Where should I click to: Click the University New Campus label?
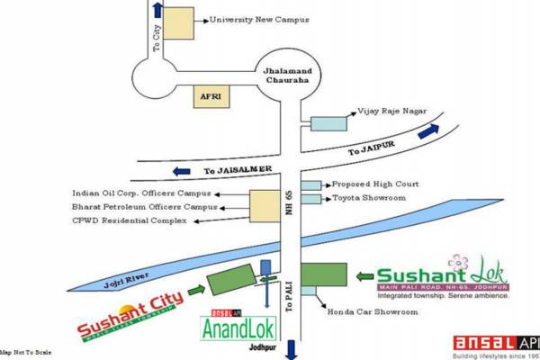point(259,20)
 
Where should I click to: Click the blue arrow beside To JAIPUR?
point(427,130)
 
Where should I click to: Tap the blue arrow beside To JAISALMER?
point(183,169)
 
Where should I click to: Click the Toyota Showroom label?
point(371,198)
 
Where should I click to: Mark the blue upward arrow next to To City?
point(159,11)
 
